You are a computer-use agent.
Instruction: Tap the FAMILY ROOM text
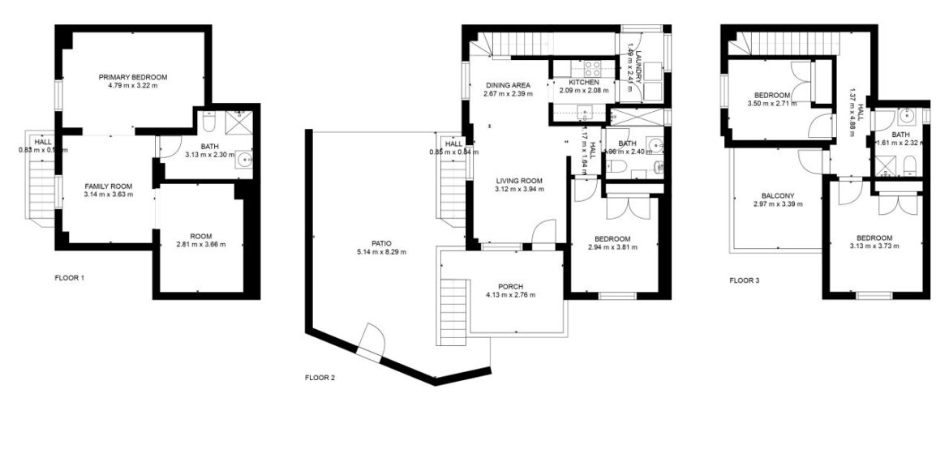pyautogui.click(x=109, y=186)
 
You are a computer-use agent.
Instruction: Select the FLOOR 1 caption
pyautogui.click(x=69, y=278)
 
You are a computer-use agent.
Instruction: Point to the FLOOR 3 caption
pyautogui.click(x=745, y=280)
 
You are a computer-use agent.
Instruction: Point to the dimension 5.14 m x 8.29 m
pyautogui.click(x=380, y=252)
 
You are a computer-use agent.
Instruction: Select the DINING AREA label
pyautogui.click(x=508, y=85)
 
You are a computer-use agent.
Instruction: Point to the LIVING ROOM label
pyautogui.click(x=519, y=181)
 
